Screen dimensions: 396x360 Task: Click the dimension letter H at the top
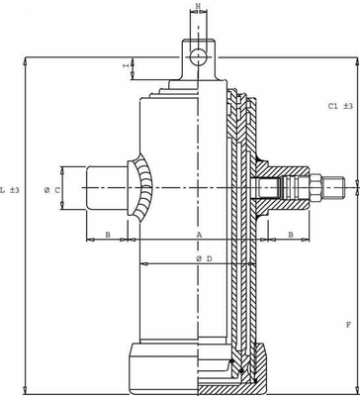pos(198,7)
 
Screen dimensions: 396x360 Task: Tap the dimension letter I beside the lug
pos(126,66)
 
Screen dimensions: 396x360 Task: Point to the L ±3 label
pos(9,188)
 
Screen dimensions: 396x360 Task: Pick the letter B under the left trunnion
pos(108,236)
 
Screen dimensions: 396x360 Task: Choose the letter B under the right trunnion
pos(291,236)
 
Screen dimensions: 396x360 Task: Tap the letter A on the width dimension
pos(199,236)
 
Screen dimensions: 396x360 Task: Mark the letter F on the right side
pos(348,325)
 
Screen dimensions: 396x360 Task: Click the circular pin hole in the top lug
pos(199,54)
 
